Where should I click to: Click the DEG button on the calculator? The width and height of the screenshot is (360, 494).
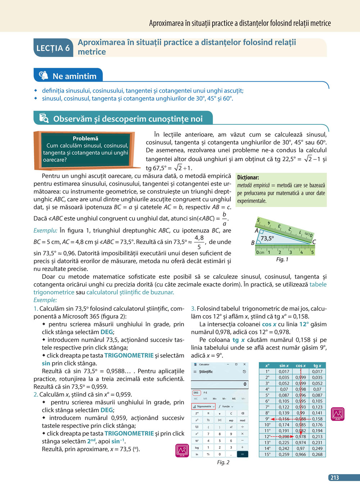(x=196, y=393)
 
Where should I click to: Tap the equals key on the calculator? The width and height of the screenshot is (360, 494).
(x=242, y=454)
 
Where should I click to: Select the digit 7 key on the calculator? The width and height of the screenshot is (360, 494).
(x=208, y=434)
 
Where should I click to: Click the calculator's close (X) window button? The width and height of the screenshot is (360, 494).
(x=244, y=364)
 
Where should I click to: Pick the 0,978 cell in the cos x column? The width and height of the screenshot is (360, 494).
(x=301, y=436)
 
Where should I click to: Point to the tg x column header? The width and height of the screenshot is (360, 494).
(x=317, y=366)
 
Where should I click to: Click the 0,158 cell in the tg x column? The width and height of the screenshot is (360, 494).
(x=317, y=419)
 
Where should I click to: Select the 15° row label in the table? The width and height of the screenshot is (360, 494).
(x=267, y=454)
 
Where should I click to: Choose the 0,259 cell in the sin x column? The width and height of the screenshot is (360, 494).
(x=284, y=454)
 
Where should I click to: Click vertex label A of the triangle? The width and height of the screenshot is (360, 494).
(x=256, y=231)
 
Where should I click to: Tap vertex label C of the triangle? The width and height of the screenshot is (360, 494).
(x=314, y=242)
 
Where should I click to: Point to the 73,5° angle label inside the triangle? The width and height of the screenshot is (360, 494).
(x=267, y=238)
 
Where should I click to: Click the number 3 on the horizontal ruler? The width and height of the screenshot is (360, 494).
(x=291, y=252)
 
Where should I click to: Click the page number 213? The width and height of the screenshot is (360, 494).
(x=335, y=478)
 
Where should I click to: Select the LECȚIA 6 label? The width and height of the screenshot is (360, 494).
(x=53, y=48)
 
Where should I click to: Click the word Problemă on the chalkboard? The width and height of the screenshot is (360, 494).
(x=85, y=139)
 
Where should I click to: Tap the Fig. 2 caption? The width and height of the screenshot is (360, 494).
(x=223, y=462)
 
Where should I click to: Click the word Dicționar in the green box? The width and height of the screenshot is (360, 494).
(x=248, y=177)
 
